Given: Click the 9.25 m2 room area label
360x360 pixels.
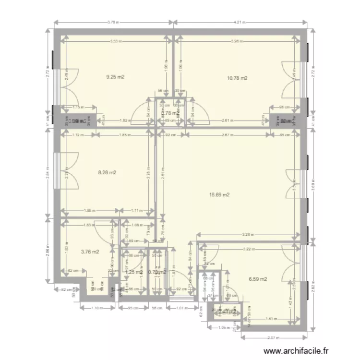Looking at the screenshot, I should point(115,76).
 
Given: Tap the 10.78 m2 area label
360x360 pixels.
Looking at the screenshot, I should point(237,78).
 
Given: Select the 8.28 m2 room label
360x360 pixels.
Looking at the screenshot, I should point(108,172).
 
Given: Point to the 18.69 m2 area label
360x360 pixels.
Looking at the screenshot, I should point(219,195).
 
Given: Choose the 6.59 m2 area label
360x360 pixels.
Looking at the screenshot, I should point(258,279).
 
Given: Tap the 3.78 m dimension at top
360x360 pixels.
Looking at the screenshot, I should point(113,22).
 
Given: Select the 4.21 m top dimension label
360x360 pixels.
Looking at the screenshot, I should point(240,22).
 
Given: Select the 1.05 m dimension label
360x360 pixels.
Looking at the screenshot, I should point(222,327).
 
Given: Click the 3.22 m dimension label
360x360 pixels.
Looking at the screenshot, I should point(248,249).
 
